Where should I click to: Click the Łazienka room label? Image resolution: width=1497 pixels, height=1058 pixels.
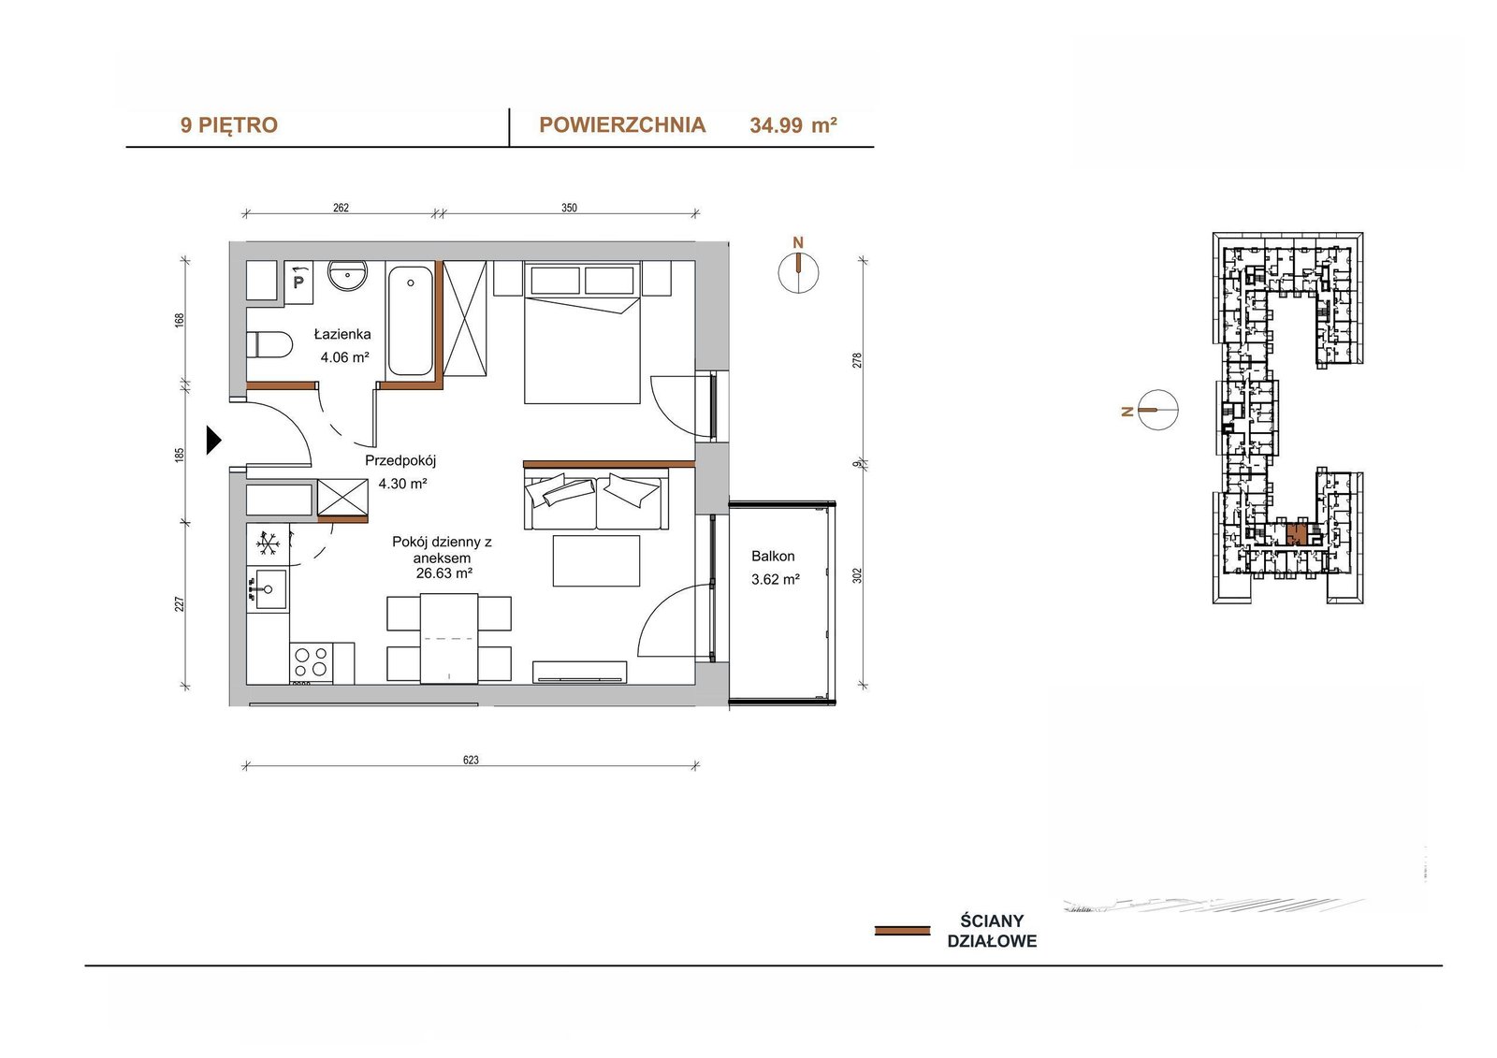(342, 334)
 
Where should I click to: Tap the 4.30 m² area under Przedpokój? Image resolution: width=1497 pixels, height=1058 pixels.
(402, 484)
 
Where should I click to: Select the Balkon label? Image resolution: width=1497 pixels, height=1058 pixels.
(773, 556)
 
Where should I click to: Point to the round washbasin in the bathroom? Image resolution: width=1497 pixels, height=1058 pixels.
(347, 274)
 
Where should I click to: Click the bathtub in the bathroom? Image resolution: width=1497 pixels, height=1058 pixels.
(411, 320)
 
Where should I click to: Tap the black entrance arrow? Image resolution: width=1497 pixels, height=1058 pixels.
(214, 441)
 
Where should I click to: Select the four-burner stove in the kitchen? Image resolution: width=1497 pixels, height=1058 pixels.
(312, 661)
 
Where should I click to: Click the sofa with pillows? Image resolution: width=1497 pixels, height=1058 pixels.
(596, 499)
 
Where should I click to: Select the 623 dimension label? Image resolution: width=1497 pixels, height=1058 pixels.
(471, 760)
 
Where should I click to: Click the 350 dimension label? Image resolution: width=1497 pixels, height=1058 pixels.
(569, 208)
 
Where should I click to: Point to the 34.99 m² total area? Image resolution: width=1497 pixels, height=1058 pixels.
(793, 125)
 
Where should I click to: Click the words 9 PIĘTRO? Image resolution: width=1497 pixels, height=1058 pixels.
(228, 125)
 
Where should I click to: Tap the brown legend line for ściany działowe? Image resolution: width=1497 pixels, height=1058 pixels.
(902, 931)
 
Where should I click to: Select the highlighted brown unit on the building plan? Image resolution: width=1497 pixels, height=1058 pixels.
(1297, 532)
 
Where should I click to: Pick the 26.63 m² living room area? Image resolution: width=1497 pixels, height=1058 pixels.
(443, 573)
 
